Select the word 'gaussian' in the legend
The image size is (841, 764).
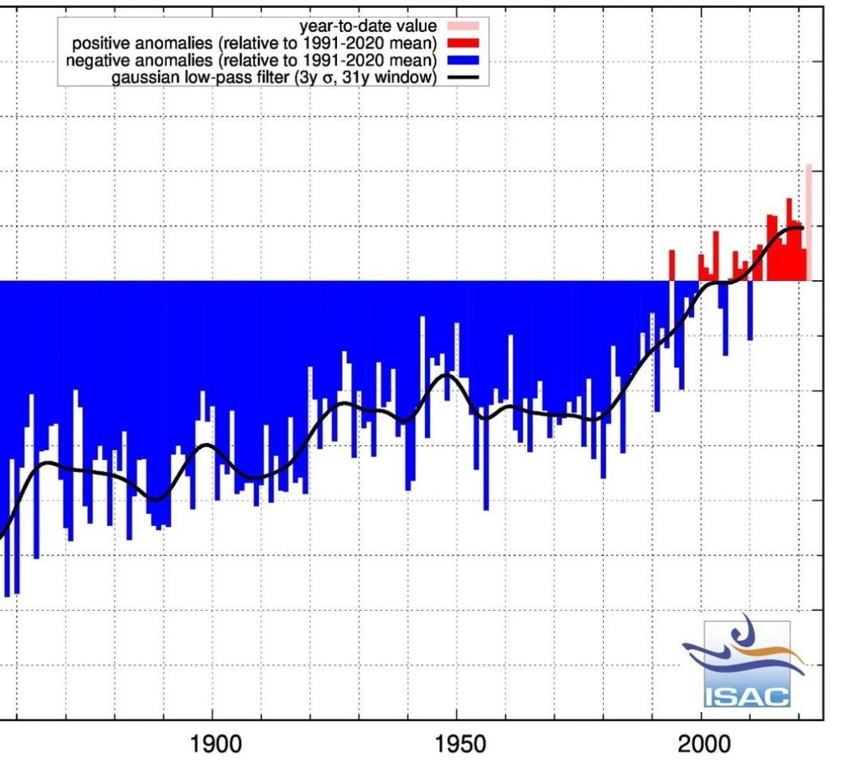[x=140, y=77]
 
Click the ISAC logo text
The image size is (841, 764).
[x=746, y=696]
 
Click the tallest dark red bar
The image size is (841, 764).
[x=789, y=239]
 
